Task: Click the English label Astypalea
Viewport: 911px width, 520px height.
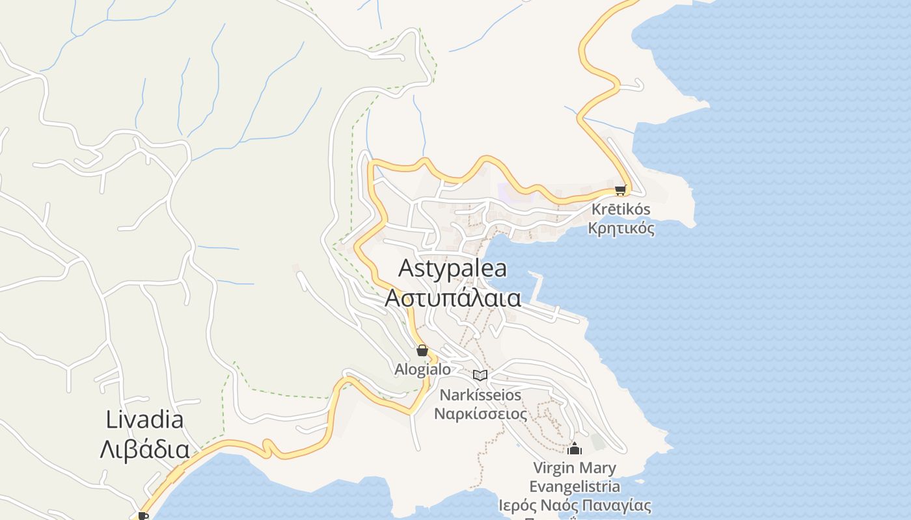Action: pyautogui.click(x=452, y=268)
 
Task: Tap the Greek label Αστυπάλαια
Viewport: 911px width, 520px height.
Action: pyautogui.click(x=452, y=298)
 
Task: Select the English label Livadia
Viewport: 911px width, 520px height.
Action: pyautogui.click(x=144, y=420)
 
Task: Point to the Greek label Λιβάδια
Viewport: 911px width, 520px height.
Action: pyautogui.click(x=144, y=449)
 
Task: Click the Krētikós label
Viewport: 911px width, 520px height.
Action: pyautogui.click(x=621, y=210)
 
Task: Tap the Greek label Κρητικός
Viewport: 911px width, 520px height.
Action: pyautogui.click(x=621, y=228)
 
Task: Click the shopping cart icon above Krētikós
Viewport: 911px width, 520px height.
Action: pyautogui.click(x=620, y=190)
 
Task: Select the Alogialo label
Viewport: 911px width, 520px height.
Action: pyautogui.click(x=422, y=369)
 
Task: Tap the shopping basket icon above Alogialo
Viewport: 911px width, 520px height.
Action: pyautogui.click(x=422, y=351)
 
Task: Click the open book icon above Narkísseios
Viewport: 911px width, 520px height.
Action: pyautogui.click(x=480, y=375)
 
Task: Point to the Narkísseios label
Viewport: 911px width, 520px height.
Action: pyautogui.click(x=480, y=395)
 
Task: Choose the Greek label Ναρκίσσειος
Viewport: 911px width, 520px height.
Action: pyautogui.click(x=480, y=413)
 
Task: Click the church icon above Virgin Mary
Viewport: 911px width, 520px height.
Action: pyautogui.click(x=574, y=448)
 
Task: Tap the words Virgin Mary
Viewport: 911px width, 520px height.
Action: pyautogui.click(x=574, y=468)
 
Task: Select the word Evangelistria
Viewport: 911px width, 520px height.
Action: pyautogui.click(x=574, y=486)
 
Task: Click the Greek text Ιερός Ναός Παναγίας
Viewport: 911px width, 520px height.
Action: pyautogui.click(x=574, y=505)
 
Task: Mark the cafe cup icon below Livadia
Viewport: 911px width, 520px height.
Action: pyautogui.click(x=143, y=516)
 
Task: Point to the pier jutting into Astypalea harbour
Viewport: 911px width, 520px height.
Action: pyautogui.click(x=537, y=286)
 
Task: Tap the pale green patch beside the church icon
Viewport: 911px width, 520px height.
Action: pyautogui.click(x=598, y=441)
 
